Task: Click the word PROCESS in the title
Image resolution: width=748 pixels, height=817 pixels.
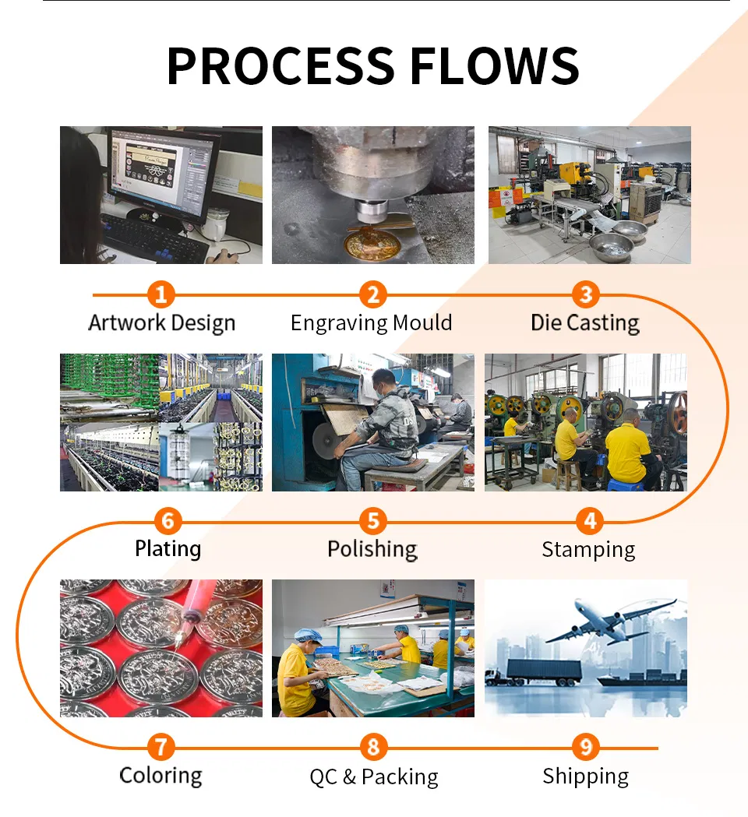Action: coord(280,65)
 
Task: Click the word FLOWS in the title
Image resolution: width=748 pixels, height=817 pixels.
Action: coord(495,65)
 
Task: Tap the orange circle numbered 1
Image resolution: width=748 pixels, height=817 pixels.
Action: coord(161,294)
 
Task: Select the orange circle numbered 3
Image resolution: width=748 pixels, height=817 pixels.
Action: coord(586,294)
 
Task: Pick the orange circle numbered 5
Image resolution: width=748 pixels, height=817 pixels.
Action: coord(373,520)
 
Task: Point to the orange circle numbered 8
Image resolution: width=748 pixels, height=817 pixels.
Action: coord(374,747)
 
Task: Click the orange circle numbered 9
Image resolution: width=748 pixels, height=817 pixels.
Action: coord(586,747)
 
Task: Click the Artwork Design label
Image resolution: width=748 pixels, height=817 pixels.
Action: coord(161,323)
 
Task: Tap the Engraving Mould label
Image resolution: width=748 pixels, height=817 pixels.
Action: coord(371,323)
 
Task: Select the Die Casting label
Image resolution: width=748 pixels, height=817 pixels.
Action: coord(585,323)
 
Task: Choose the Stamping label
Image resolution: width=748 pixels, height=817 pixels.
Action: coord(588,550)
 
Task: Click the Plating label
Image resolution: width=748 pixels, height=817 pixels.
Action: coord(168,548)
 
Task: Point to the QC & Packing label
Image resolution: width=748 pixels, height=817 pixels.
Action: coord(374,777)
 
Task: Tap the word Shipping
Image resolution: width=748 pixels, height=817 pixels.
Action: coord(586,777)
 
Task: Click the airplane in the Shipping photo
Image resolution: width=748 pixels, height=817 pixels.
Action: coord(610,620)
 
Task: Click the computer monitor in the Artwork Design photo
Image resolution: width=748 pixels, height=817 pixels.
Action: coord(163,174)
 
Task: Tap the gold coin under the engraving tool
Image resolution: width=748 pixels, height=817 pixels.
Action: coord(371,245)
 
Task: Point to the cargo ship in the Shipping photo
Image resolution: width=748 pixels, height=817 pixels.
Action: coord(642,678)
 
